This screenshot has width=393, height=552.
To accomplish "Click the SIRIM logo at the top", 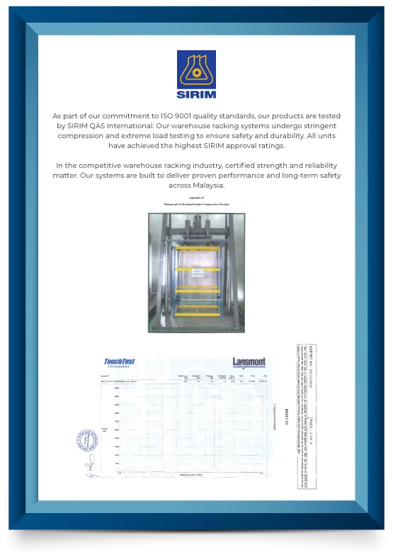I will (x=196, y=74).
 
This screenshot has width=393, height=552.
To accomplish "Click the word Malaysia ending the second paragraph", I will (x=207, y=185).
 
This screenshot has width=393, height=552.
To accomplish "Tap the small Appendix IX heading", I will (x=196, y=197).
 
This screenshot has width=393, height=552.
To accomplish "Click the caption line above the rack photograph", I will (x=196, y=204).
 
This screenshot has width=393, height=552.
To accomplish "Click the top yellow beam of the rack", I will (x=197, y=248).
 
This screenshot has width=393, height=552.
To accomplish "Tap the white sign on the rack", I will (x=198, y=270).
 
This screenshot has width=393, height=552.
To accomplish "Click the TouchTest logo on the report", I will (x=119, y=364).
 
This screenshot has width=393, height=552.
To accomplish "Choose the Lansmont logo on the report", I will (x=249, y=363).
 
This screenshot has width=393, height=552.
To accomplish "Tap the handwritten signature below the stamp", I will (x=91, y=466).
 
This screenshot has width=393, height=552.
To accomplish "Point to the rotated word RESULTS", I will (x=286, y=418).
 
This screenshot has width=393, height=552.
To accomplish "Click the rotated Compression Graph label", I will (x=275, y=417).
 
